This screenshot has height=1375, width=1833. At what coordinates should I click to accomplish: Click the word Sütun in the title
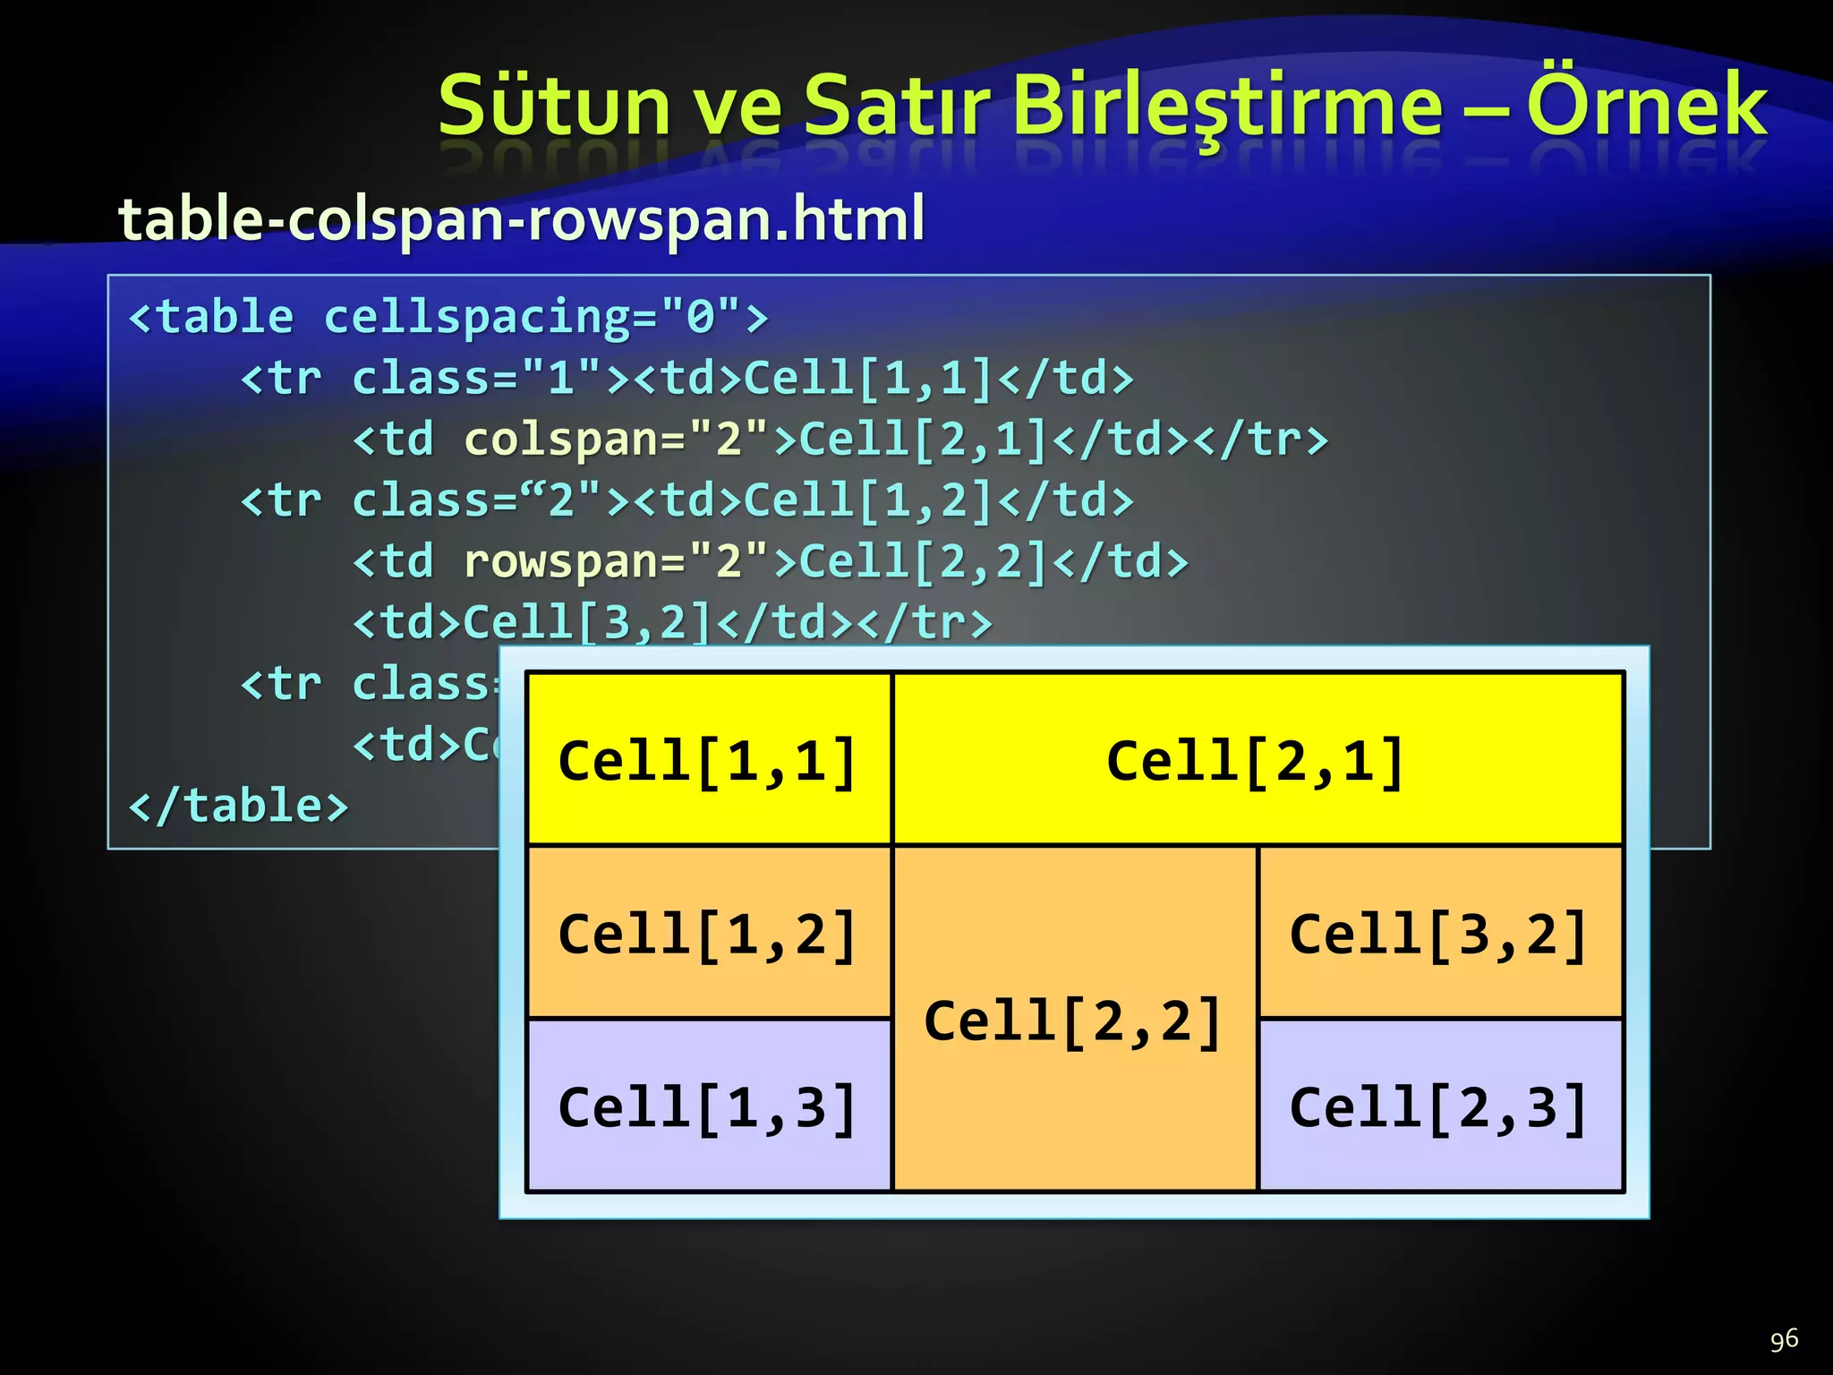(554, 106)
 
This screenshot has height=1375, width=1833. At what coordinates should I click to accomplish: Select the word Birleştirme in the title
(1229, 106)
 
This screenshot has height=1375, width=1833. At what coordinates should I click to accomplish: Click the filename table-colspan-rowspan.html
(521, 219)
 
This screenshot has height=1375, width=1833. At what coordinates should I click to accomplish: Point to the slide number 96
(1783, 1339)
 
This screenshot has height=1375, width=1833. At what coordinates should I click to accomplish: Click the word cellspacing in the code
(477, 317)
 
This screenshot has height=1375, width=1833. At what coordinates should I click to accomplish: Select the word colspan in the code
(561, 439)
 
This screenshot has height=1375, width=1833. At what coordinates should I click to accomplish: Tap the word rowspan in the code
(561, 561)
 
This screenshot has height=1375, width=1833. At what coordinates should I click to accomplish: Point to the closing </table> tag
(238, 805)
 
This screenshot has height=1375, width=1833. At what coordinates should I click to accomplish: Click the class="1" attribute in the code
(475, 378)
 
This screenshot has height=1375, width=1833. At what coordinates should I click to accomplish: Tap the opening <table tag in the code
(211, 317)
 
